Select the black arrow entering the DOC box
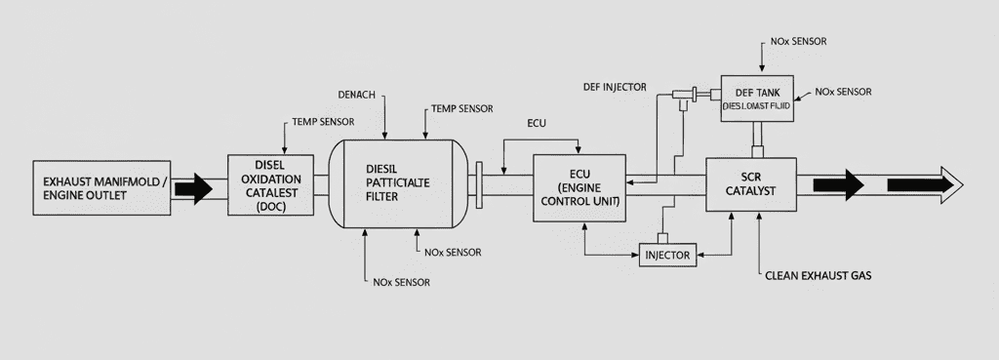pos(195,187)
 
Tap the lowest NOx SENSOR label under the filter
pos(401,282)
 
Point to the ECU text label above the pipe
pos(537,124)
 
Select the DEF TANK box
pos(757,98)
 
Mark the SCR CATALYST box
pos(751,185)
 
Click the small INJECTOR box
pos(668,256)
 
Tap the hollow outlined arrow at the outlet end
pos(924,183)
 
